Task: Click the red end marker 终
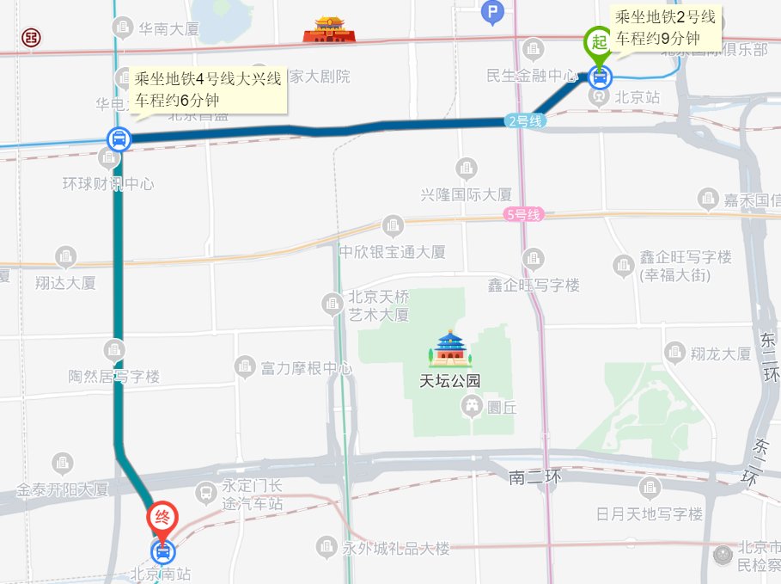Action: pyautogui.click(x=162, y=518)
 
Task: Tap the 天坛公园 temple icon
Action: pyautogui.click(x=450, y=348)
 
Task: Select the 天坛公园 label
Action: pyautogui.click(x=449, y=382)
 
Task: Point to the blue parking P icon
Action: pyautogui.click(x=492, y=11)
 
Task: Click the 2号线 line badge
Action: pyautogui.click(x=525, y=121)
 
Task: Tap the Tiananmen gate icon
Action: pyautogui.click(x=328, y=30)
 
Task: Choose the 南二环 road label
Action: pyautogui.click(x=534, y=476)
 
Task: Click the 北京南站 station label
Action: pyautogui.click(x=160, y=574)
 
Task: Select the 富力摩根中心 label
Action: pyautogui.click(x=306, y=369)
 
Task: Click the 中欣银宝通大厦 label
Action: pyautogui.click(x=392, y=252)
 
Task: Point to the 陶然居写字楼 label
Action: pyautogui.click(x=114, y=377)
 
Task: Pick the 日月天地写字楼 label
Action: pyautogui.click(x=650, y=514)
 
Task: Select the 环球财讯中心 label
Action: pyautogui.click(x=108, y=183)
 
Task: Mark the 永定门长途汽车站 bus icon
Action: pyautogui.click(x=206, y=493)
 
